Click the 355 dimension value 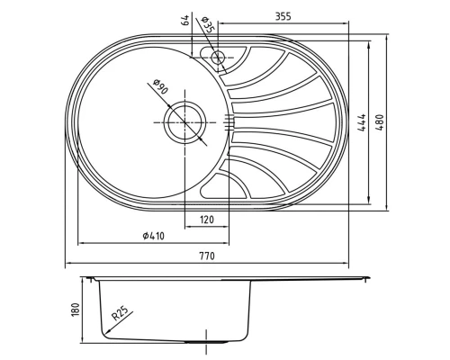click(x=283, y=16)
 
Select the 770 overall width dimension click(x=207, y=256)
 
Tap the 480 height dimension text click(x=380, y=122)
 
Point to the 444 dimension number click(x=362, y=122)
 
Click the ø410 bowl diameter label click(x=154, y=236)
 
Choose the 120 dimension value click(x=207, y=220)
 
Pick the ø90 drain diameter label click(x=160, y=87)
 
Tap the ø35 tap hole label click(x=208, y=25)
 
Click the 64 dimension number click(x=186, y=20)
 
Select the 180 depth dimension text click(x=76, y=310)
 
